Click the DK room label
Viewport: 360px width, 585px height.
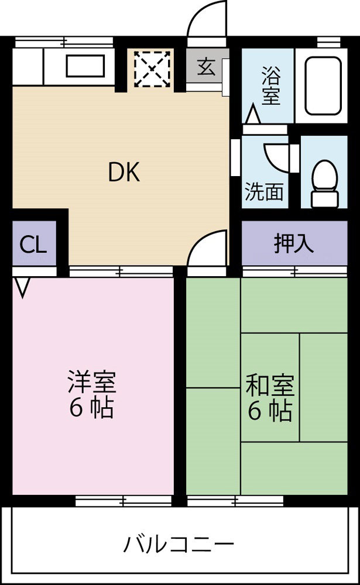[124, 173]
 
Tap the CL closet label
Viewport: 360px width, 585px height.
[33, 245]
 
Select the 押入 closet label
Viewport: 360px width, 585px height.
[294, 243]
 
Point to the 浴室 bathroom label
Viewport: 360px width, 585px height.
[270, 87]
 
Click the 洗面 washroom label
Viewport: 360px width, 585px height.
[264, 192]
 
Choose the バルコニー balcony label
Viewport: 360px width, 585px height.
[179, 545]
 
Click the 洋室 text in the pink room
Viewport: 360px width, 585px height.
[92, 383]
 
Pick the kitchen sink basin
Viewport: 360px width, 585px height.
[85, 66]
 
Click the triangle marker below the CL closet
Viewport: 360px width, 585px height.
[22, 287]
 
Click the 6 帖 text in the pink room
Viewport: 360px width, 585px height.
[92, 408]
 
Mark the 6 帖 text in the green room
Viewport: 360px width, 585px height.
[270, 411]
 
